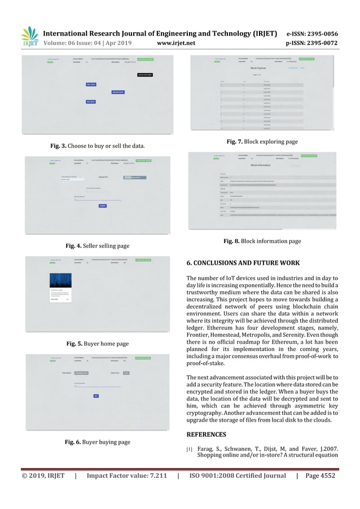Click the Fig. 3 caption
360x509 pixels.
98,146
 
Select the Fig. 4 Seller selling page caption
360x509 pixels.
98,245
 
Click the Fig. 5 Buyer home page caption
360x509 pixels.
98,344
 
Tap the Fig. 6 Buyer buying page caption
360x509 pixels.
98,442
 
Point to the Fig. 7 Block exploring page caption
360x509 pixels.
262,142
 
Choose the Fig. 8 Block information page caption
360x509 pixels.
262,241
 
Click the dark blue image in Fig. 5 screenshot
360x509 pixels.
60,280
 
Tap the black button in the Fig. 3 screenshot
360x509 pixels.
145,75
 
